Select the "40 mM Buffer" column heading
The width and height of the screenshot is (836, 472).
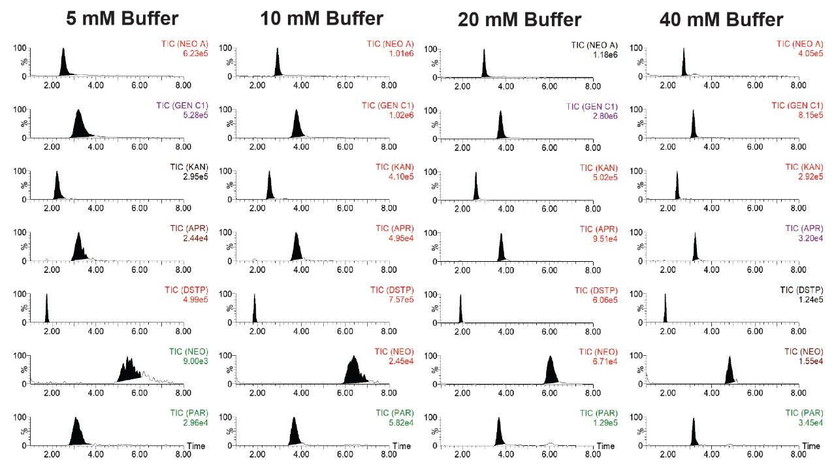tap(721, 20)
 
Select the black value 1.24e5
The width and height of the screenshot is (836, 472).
tap(807, 300)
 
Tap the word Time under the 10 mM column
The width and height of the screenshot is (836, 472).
tap(402, 446)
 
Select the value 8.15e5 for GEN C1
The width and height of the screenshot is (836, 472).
tap(807, 116)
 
